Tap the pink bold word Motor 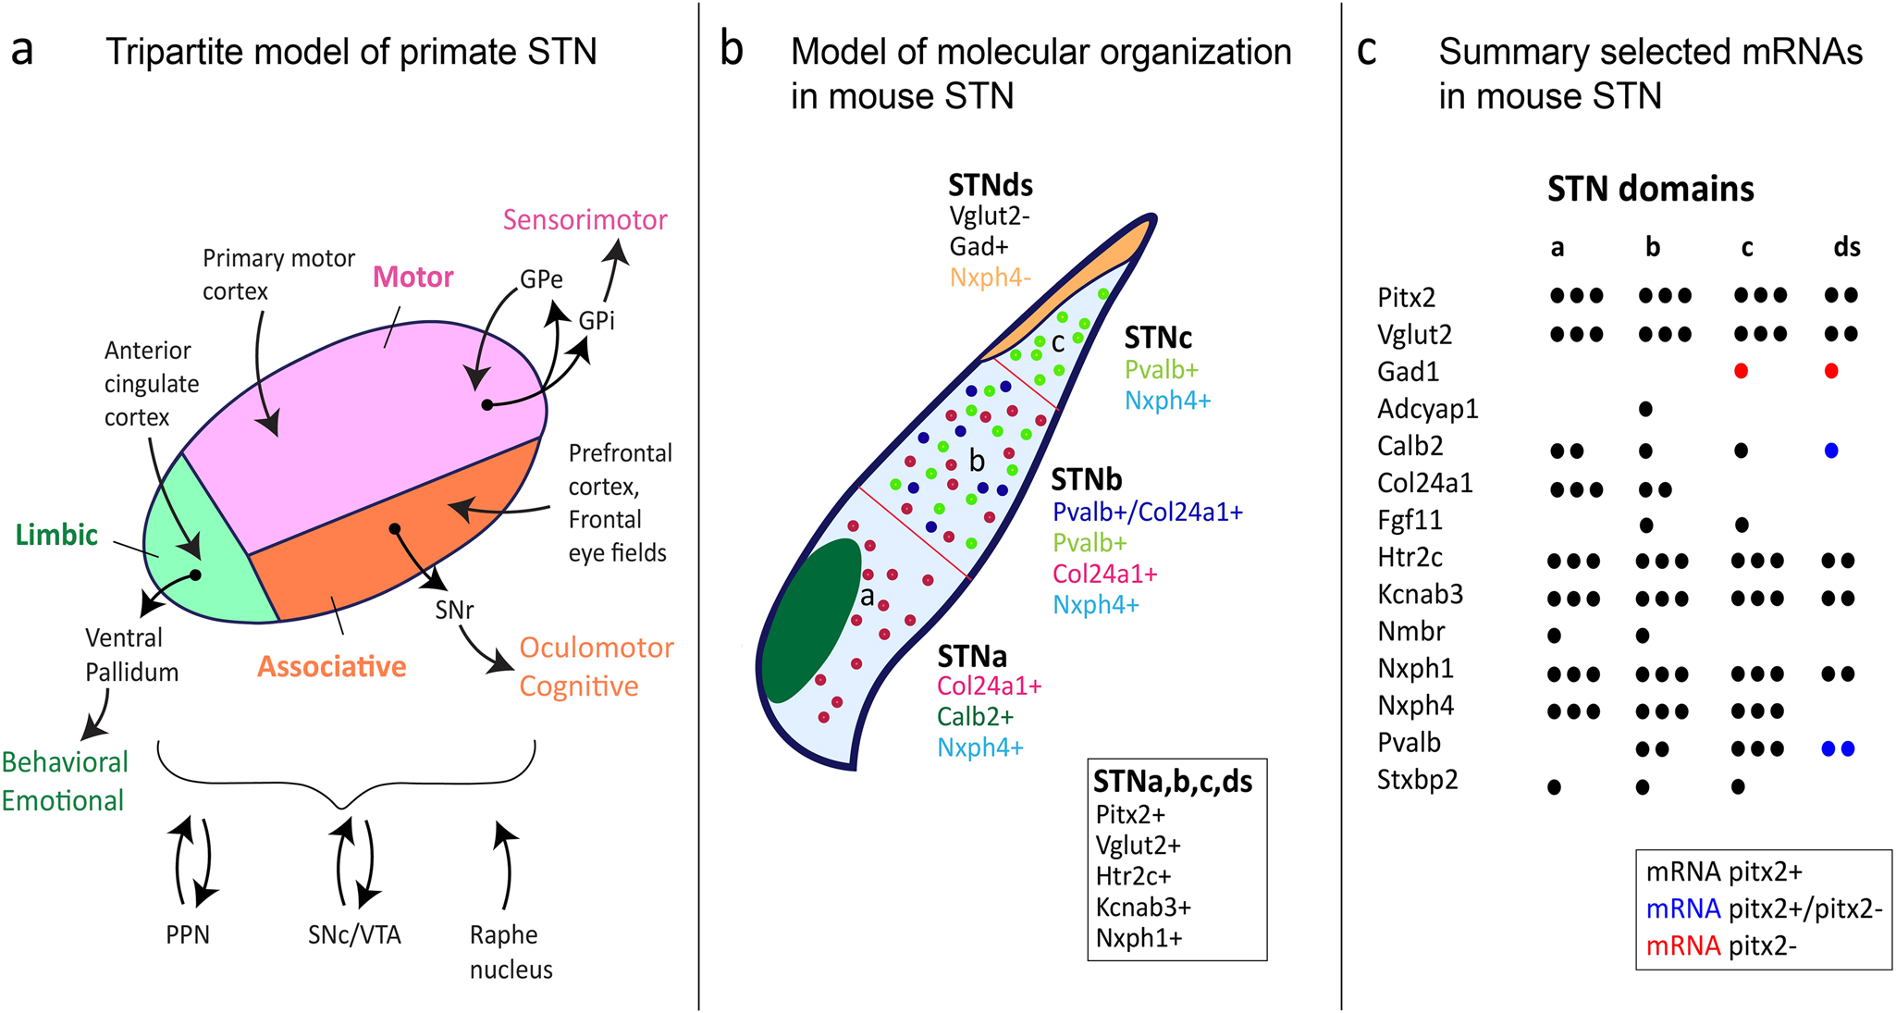412,277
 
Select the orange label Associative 331,666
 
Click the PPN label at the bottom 188,934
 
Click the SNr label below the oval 454,610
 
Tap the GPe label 541,278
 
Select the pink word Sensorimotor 585,219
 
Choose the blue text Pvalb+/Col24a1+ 1147,512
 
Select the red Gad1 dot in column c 1741,371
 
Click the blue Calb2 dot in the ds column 1830,451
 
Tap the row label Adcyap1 1427,408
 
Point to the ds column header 1846,247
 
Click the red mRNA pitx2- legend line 1721,945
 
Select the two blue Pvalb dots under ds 1838,748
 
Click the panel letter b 731,51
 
